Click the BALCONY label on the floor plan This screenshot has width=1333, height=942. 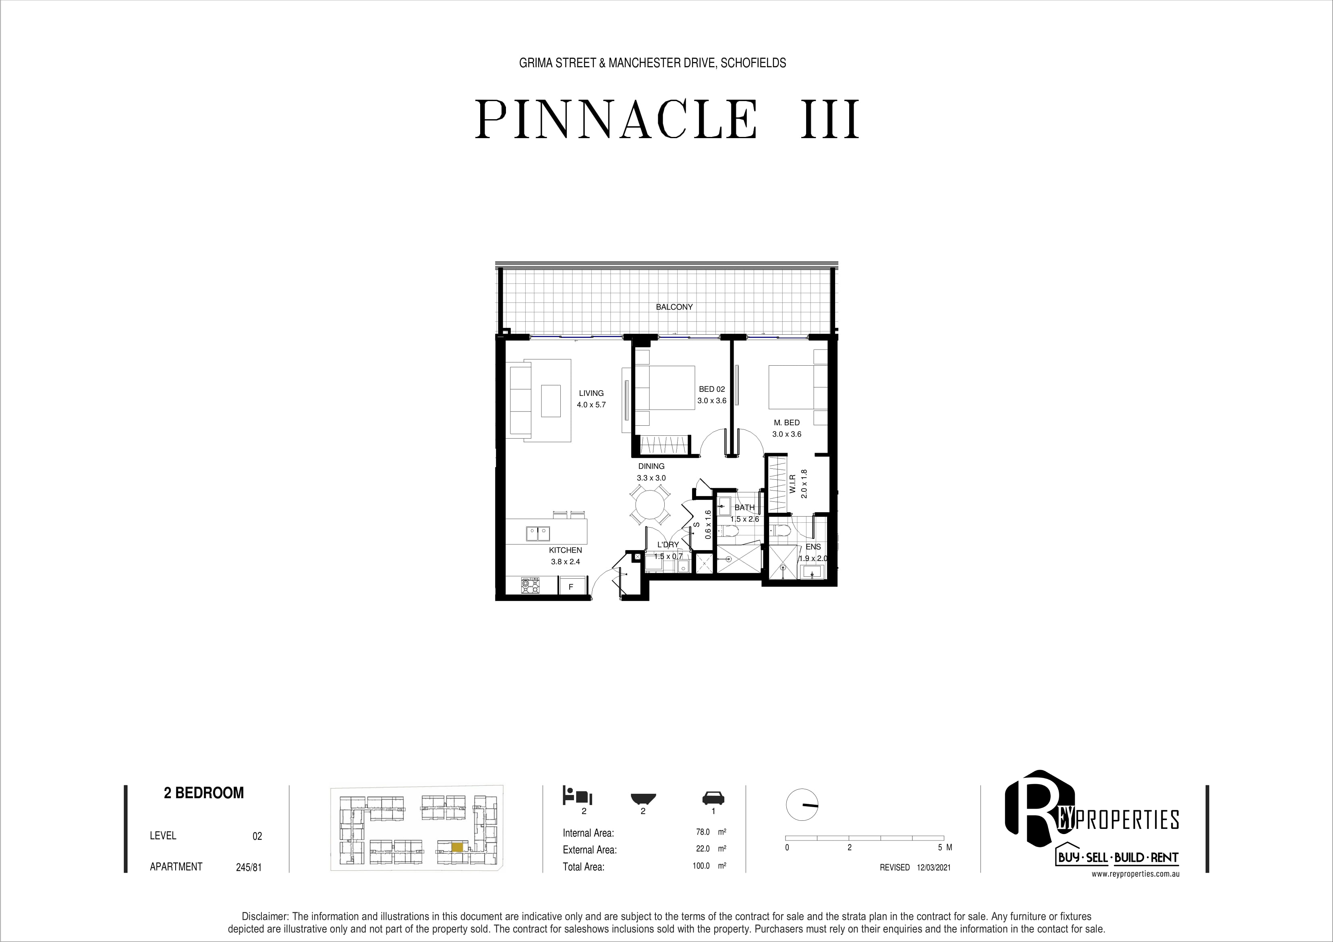(674, 307)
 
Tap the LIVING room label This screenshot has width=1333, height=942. (591, 393)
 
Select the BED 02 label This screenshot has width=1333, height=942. (712, 389)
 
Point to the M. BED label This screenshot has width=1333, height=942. (787, 422)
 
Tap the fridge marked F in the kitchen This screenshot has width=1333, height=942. (571, 587)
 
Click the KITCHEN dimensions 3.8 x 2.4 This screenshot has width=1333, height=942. (566, 562)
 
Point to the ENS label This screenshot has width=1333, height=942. (813, 547)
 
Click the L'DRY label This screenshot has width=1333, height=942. (668, 544)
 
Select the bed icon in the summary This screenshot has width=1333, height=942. (577, 795)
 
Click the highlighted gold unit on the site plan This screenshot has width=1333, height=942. (458, 847)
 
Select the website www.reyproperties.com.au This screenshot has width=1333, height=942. (1135, 874)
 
